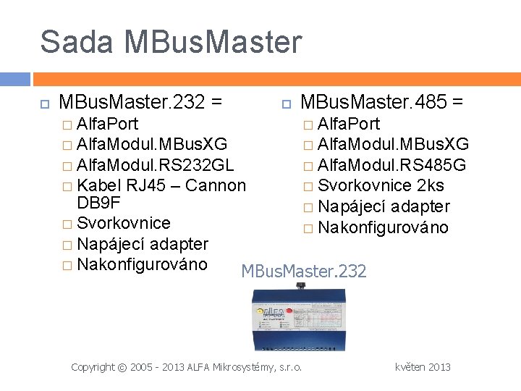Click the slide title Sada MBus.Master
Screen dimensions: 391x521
(x=170, y=41)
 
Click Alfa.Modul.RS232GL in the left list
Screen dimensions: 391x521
(x=155, y=164)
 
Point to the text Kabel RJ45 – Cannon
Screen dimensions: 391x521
(x=161, y=185)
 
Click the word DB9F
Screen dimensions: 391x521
(x=98, y=203)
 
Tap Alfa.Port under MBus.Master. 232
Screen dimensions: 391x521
(x=107, y=123)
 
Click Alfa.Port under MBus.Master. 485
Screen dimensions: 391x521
(x=349, y=124)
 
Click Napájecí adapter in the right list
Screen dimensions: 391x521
(x=384, y=207)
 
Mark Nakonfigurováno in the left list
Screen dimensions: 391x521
(x=142, y=264)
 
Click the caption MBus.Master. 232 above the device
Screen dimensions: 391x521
(x=304, y=272)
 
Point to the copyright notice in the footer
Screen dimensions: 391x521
(x=187, y=367)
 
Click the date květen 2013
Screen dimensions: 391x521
(x=423, y=367)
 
